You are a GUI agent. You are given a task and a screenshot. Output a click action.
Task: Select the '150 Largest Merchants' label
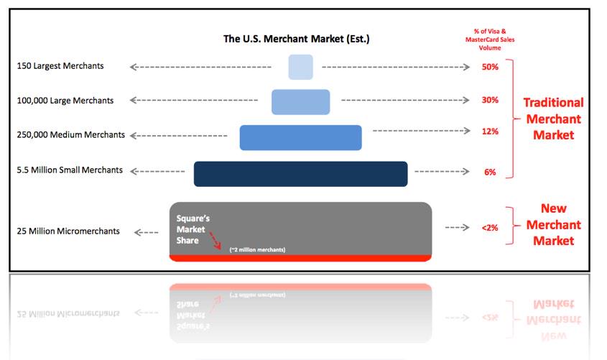point(60,66)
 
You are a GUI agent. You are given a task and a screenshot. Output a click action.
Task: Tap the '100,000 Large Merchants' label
point(65,101)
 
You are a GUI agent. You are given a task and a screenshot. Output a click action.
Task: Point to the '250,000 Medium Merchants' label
point(70,135)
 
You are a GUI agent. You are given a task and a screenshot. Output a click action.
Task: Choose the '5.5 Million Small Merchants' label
point(70,170)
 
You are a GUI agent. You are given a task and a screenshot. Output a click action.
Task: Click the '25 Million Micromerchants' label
point(68,231)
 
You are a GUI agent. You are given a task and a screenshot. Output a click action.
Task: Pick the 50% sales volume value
point(490,67)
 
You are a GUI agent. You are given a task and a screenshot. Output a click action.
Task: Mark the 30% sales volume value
point(490,100)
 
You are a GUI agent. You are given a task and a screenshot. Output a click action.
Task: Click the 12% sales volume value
point(490,131)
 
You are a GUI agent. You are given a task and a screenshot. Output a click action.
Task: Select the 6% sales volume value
point(490,172)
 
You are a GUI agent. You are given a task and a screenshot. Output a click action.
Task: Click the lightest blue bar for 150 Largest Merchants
point(300,67)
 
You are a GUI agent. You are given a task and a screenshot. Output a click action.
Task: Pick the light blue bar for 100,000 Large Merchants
point(300,101)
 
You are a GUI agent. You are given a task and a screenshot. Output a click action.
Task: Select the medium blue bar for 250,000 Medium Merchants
point(300,137)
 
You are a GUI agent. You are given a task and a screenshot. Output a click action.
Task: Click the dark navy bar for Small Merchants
point(300,174)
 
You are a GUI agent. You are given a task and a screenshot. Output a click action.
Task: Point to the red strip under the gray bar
point(300,258)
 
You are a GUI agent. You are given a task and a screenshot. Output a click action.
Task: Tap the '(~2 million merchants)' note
point(257,249)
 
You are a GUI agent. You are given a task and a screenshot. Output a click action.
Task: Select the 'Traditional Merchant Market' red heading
point(553,119)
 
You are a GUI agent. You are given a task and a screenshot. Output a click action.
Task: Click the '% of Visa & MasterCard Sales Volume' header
point(490,40)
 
